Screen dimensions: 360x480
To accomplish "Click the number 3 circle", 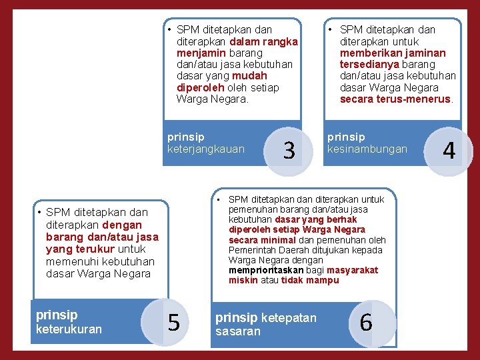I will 289,151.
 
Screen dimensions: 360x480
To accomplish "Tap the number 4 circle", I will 449,151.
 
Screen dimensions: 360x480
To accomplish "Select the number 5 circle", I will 173,323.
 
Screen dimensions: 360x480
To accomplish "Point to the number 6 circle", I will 365,323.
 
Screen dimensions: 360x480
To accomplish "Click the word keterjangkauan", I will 206,149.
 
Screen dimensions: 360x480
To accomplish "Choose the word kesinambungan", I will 367,149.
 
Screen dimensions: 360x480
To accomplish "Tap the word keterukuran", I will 69,329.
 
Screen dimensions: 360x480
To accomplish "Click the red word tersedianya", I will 368,64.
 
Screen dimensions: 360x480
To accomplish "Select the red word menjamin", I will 200,53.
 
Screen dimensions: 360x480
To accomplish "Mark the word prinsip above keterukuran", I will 57,315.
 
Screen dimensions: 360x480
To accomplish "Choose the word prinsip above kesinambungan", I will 346,137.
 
